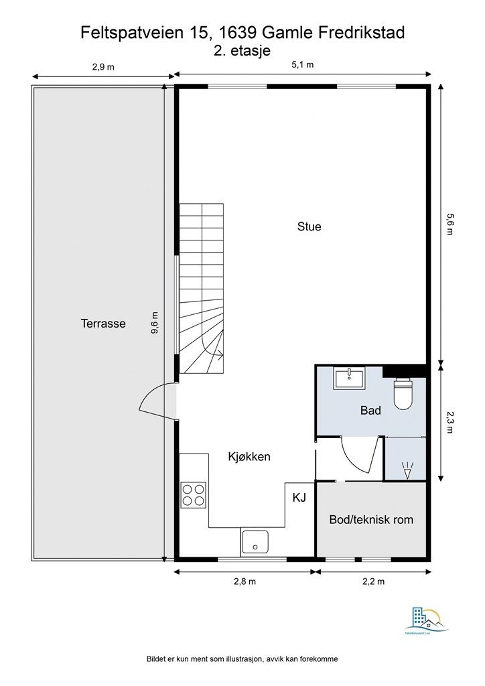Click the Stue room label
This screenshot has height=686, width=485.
(x=309, y=226)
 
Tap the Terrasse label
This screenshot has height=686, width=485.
(x=103, y=323)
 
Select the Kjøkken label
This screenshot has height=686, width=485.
(x=249, y=457)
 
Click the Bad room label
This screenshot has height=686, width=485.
(x=370, y=410)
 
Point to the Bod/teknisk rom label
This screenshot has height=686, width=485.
(x=371, y=519)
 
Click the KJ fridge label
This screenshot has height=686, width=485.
(x=299, y=498)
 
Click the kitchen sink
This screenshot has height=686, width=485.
(x=255, y=541)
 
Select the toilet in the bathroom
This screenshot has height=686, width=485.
(x=405, y=394)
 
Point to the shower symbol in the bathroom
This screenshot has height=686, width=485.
(x=407, y=468)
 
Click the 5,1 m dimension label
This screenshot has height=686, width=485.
(x=303, y=65)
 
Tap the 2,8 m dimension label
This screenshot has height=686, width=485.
(x=245, y=581)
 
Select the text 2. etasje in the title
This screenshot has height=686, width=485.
(x=242, y=50)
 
